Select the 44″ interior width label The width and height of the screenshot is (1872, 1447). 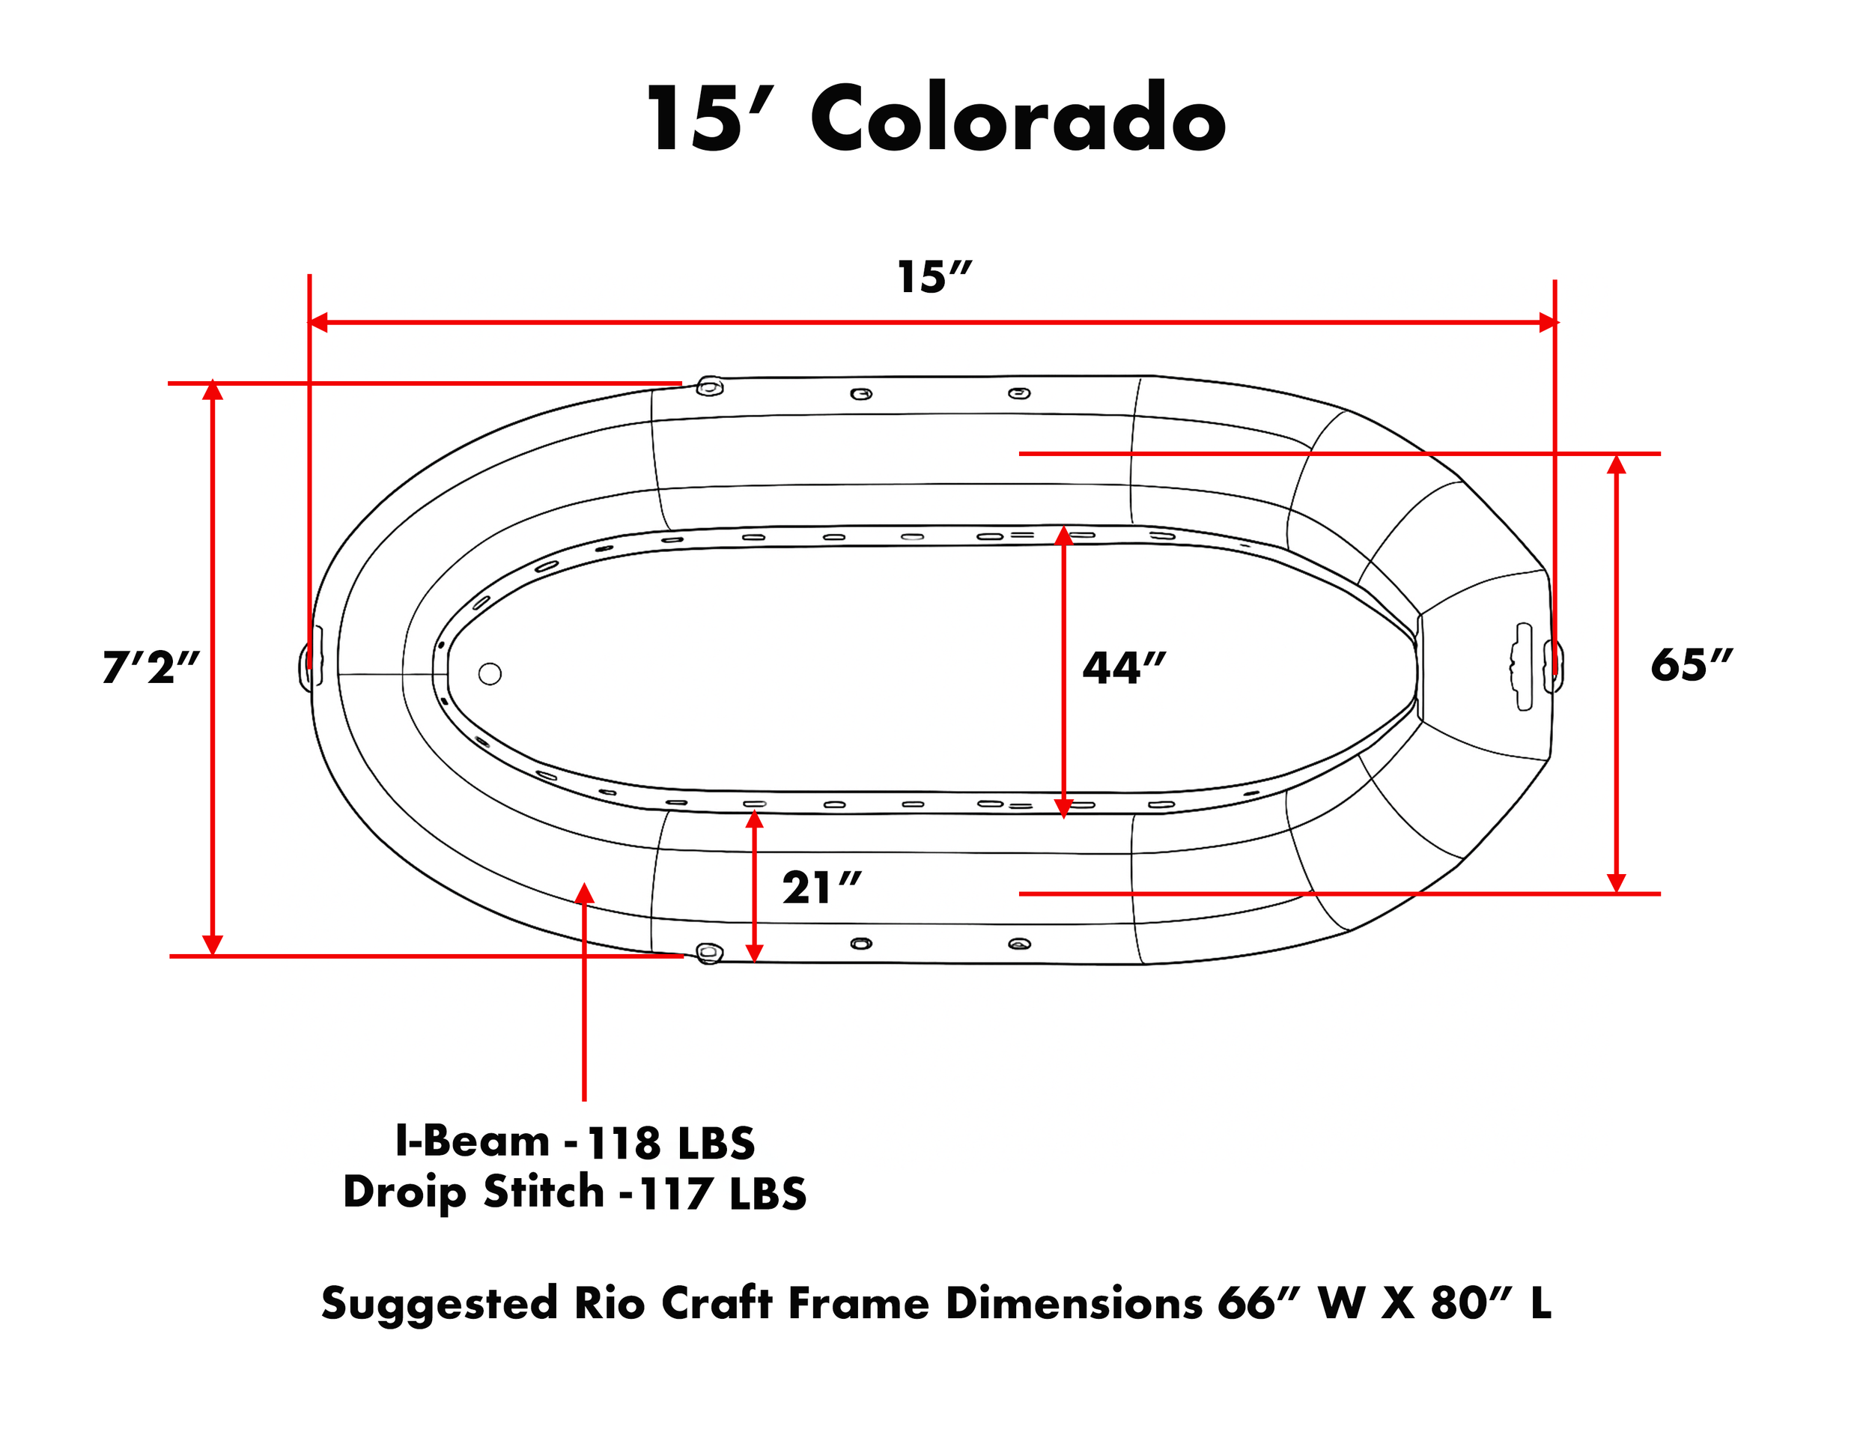(x=1124, y=668)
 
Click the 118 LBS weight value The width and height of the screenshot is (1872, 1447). (x=671, y=1143)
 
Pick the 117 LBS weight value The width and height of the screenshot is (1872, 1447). (x=723, y=1193)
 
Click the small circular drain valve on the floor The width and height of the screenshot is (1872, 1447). (x=490, y=674)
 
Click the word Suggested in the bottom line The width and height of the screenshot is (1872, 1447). (x=439, y=1305)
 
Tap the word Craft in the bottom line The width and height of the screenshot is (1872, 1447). (x=717, y=1303)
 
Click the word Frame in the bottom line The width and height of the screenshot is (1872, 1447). (x=858, y=1303)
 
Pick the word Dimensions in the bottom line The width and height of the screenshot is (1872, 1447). (x=1074, y=1303)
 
